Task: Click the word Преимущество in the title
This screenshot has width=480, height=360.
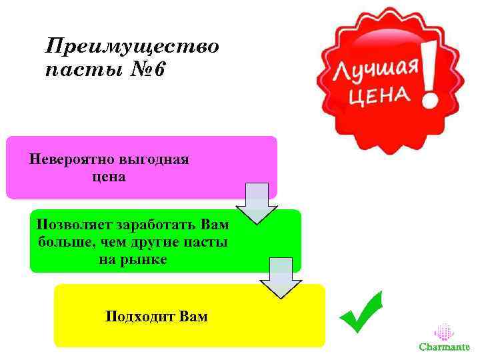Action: pyautogui.click(x=131, y=46)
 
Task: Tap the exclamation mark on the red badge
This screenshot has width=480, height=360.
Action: pyautogui.click(x=429, y=74)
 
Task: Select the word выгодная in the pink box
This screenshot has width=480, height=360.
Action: pyautogui.click(x=155, y=160)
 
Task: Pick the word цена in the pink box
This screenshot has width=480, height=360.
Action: pyautogui.click(x=109, y=177)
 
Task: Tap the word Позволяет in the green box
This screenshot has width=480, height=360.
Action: pyautogui.click(x=74, y=224)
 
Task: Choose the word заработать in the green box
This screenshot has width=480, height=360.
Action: pyautogui.click(x=155, y=224)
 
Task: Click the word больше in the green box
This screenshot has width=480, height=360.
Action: pyautogui.click(x=66, y=241)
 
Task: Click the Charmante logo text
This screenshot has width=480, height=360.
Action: pyautogui.click(x=444, y=347)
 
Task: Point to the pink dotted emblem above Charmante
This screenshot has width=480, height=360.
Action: pyautogui.click(x=444, y=332)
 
